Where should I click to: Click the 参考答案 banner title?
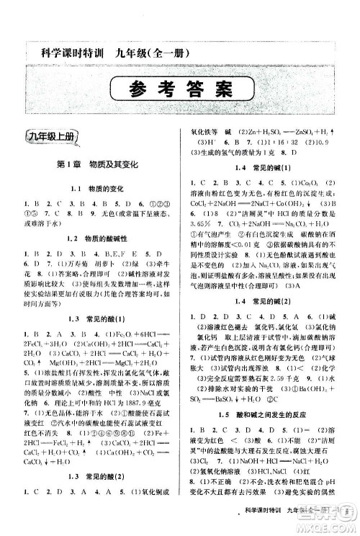179,91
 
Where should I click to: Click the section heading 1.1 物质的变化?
96,190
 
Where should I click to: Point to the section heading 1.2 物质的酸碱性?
96,237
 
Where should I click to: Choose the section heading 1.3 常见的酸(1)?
96,318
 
